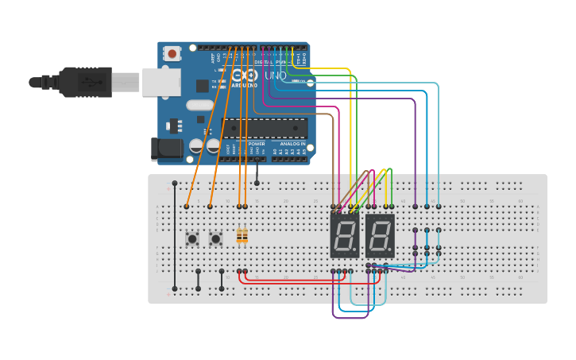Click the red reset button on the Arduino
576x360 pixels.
click(172, 54)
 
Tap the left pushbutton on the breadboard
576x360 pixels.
click(192, 238)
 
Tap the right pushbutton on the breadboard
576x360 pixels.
click(215, 238)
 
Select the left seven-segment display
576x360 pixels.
click(345, 234)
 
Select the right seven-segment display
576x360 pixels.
click(380, 234)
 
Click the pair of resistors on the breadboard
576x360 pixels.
click(242, 236)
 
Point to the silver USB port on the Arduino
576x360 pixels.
click(161, 82)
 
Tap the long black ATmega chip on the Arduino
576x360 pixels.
click(264, 129)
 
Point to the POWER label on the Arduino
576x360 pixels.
click(257, 144)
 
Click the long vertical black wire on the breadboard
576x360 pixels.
click(175, 238)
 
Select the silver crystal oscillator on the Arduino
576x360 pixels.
click(200, 105)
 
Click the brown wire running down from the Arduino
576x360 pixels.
click(332, 159)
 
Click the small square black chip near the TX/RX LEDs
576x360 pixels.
click(203, 85)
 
